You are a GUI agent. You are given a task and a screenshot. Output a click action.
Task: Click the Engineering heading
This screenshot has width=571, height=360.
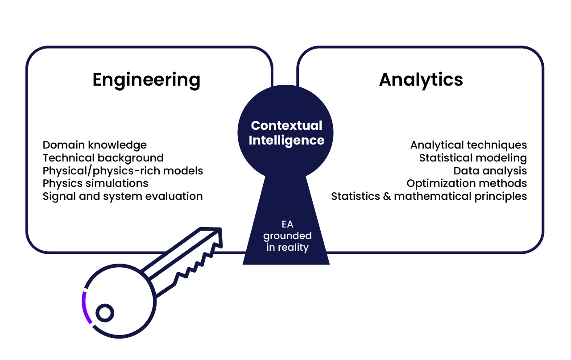(146, 80)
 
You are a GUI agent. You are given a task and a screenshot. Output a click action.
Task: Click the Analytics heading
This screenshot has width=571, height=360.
(421, 80)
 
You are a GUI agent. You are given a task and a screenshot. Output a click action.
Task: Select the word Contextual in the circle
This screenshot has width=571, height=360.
(286, 126)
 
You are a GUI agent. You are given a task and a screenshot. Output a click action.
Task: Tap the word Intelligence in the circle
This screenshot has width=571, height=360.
(286, 140)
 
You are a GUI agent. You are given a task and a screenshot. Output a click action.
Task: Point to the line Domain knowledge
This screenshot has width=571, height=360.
(95, 145)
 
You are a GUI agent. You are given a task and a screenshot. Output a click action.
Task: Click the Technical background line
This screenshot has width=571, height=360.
(103, 158)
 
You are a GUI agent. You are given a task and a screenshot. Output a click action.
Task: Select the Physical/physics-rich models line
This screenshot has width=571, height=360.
(123, 171)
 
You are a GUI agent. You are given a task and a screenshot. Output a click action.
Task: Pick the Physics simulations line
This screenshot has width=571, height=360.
(95, 183)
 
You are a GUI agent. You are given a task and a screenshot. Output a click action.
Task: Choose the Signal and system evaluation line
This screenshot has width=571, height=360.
(123, 196)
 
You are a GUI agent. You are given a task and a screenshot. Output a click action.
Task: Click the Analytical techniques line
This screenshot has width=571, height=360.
(468, 145)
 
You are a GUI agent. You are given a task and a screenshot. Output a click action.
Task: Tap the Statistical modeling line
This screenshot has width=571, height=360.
(473, 158)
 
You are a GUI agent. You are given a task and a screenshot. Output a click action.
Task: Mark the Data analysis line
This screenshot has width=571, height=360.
(490, 171)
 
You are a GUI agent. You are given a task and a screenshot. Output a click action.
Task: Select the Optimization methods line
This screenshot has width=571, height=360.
(467, 183)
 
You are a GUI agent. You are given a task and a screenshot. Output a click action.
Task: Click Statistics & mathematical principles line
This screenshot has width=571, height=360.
(429, 196)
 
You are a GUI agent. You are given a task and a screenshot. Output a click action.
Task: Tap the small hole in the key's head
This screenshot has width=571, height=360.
(105, 313)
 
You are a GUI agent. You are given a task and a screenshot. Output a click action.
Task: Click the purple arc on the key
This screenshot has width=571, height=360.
(85, 308)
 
